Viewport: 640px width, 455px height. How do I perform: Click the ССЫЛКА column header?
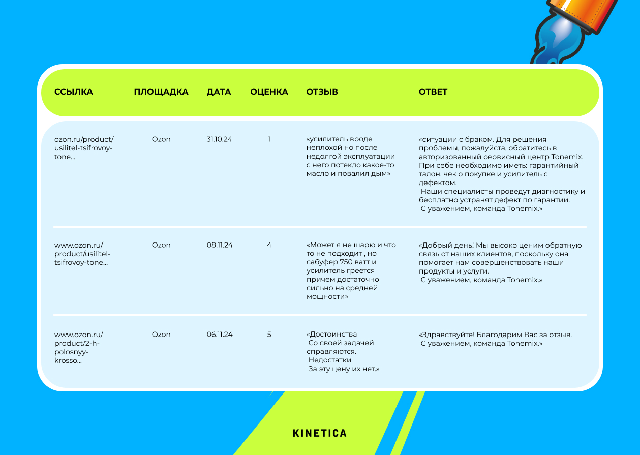74,92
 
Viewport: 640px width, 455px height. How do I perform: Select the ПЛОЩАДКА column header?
161,92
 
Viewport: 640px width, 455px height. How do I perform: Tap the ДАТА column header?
219,92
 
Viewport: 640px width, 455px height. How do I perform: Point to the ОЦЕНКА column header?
269,92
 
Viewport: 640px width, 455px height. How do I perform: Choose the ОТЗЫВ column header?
322,92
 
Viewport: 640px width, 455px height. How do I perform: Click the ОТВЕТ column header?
433,92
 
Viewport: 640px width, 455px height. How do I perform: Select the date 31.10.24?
219,139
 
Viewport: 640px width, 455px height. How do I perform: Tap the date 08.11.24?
220,245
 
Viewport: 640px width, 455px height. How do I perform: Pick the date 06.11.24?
220,335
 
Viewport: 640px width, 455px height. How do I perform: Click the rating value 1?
269,139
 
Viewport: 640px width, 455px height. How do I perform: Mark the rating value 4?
269,245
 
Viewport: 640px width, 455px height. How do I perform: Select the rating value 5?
269,335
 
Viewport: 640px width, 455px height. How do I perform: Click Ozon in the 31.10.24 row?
161,139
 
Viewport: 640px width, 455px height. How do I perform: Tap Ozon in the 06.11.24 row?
161,335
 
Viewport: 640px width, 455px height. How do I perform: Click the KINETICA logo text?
319,434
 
